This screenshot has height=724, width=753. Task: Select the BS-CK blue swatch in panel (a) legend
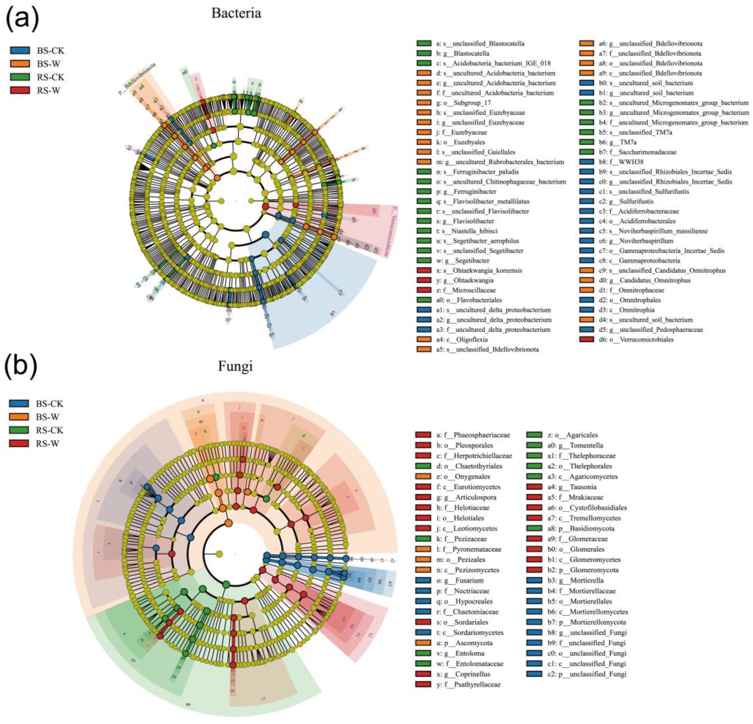[20, 51]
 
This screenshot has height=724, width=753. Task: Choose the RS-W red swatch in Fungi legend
[19, 443]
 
